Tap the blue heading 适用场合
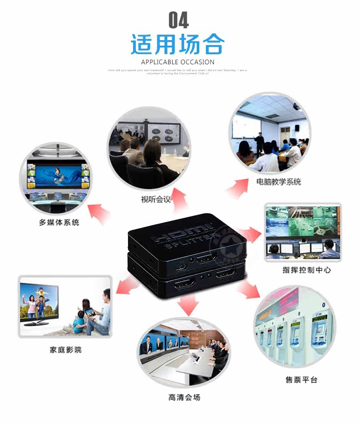(x=178, y=45)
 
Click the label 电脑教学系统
(x=278, y=182)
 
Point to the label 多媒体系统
(x=59, y=223)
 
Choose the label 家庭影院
(x=66, y=350)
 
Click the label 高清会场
(x=184, y=397)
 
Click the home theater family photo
(x=65, y=306)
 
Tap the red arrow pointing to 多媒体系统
(x=99, y=212)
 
